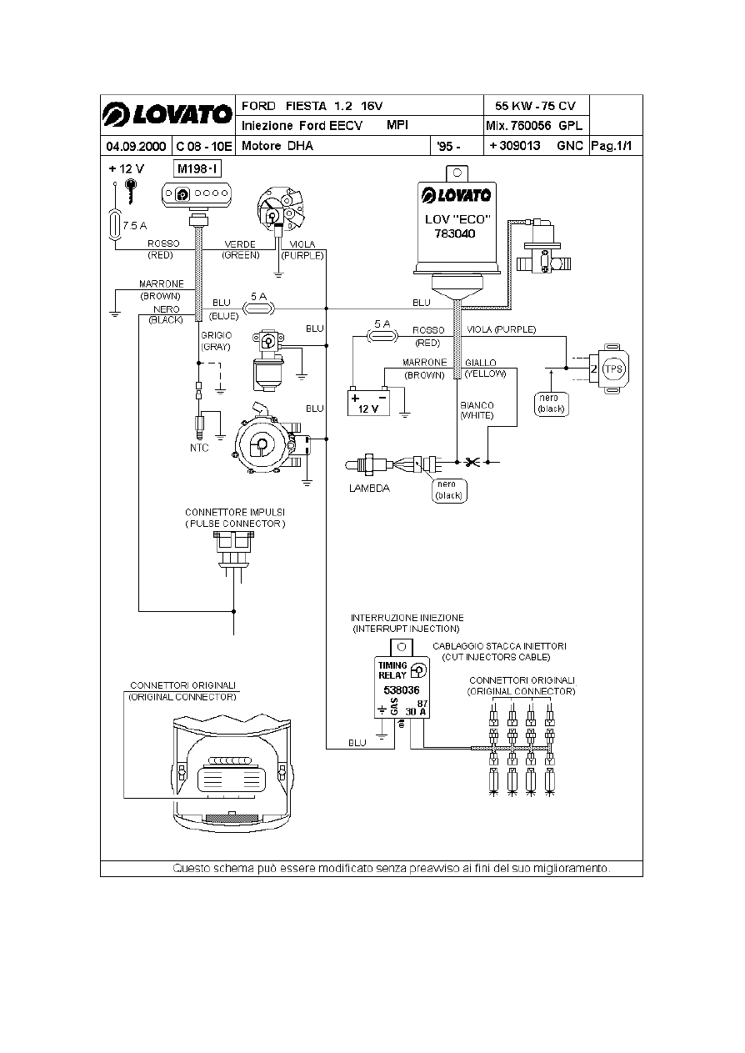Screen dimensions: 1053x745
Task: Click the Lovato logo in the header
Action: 167,115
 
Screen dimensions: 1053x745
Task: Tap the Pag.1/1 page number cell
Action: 615,146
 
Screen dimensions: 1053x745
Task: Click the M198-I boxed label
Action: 197,169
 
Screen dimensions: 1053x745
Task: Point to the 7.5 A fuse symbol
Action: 115,225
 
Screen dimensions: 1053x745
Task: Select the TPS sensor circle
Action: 614,369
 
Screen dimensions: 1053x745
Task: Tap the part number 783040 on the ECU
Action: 455,234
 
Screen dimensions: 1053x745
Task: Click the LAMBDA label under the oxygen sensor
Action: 368,489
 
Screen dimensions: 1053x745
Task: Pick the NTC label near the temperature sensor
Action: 198,447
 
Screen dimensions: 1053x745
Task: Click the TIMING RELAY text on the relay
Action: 393,670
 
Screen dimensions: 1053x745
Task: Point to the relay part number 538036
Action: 401,691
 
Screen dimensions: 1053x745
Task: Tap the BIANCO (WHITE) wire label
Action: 477,409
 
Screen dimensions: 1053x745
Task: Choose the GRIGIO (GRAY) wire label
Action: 216,340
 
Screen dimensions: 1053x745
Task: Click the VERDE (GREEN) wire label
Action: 241,249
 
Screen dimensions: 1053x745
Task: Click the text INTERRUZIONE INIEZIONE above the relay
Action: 407,617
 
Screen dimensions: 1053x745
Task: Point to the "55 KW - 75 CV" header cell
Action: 535,106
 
